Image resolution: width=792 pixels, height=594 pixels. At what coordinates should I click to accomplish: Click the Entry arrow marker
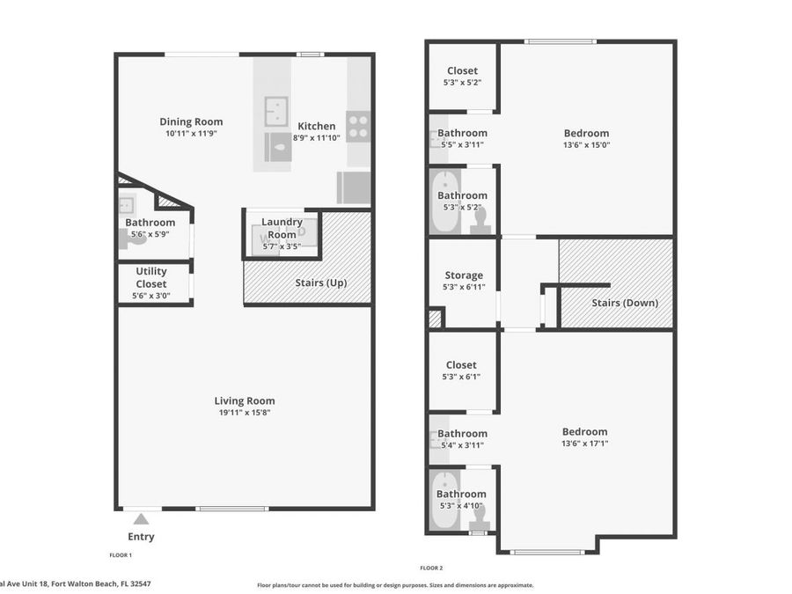(141, 519)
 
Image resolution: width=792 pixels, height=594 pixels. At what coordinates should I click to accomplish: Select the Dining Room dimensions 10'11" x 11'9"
(191, 134)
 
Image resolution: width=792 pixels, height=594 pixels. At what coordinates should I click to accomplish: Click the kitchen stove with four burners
(357, 127)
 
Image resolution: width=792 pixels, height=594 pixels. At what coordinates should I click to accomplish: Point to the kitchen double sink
(276, 112)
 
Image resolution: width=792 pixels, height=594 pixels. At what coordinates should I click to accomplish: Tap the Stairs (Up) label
(323, 282)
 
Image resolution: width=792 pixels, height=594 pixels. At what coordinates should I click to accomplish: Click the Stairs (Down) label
(624, 304)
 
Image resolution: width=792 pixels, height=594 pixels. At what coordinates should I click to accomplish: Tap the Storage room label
(463, 275)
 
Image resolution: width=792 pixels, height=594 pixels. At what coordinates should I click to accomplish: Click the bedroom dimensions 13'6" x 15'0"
(586, 145)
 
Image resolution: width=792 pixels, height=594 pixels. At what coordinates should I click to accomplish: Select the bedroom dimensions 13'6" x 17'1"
(584, 444)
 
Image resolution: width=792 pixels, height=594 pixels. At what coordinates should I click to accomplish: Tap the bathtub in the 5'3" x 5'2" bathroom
(444, 202)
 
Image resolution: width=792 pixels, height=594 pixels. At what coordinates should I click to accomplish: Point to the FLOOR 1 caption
(121, 555)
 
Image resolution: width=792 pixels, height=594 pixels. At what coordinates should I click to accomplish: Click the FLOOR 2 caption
(431, 568)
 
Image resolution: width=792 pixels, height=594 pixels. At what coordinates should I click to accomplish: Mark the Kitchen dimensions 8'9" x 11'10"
(316, 138)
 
